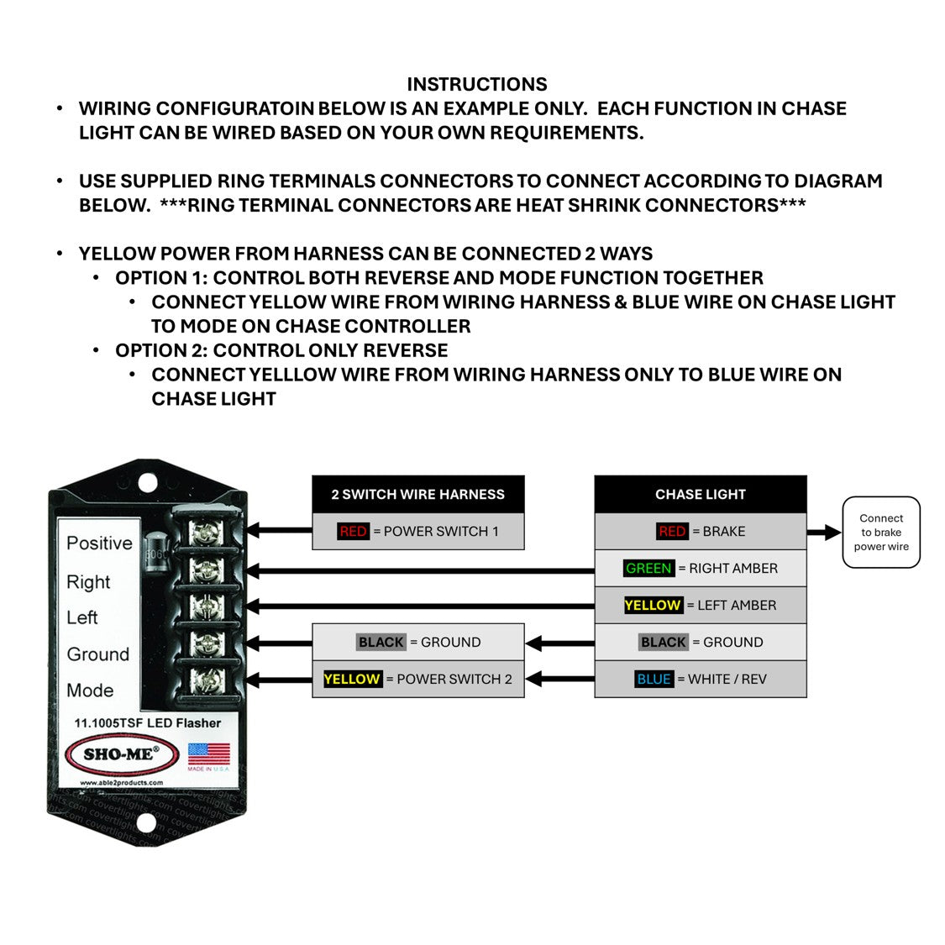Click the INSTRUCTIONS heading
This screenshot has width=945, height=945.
[477, 84]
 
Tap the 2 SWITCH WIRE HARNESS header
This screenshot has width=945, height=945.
[417, 494]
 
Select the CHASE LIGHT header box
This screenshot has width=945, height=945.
[701, 494]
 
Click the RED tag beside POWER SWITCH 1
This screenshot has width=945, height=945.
[353, 531]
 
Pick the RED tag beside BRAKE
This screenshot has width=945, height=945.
[672, 531]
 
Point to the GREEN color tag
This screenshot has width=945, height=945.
[648, 569]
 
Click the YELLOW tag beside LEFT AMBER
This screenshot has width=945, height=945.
[653, 605]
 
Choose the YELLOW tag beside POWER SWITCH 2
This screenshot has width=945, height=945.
[352, 680]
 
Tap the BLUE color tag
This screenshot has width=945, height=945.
[654, 680]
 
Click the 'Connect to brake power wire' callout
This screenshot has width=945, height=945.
[880, 533]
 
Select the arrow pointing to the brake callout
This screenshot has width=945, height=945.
[824, 533]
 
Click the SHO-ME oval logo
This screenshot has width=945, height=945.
[122, 754]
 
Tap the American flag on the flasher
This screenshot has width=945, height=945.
[208, 754]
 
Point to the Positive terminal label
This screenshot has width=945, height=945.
[99, 543]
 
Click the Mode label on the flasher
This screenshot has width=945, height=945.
[90, 690]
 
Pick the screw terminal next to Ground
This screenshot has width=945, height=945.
[207, 643]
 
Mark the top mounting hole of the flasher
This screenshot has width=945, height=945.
[148, 483]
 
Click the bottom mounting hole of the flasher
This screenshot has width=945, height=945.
[146, 822]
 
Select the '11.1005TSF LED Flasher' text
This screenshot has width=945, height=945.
[148, 723]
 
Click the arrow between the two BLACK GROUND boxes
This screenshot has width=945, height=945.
[560, 643]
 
